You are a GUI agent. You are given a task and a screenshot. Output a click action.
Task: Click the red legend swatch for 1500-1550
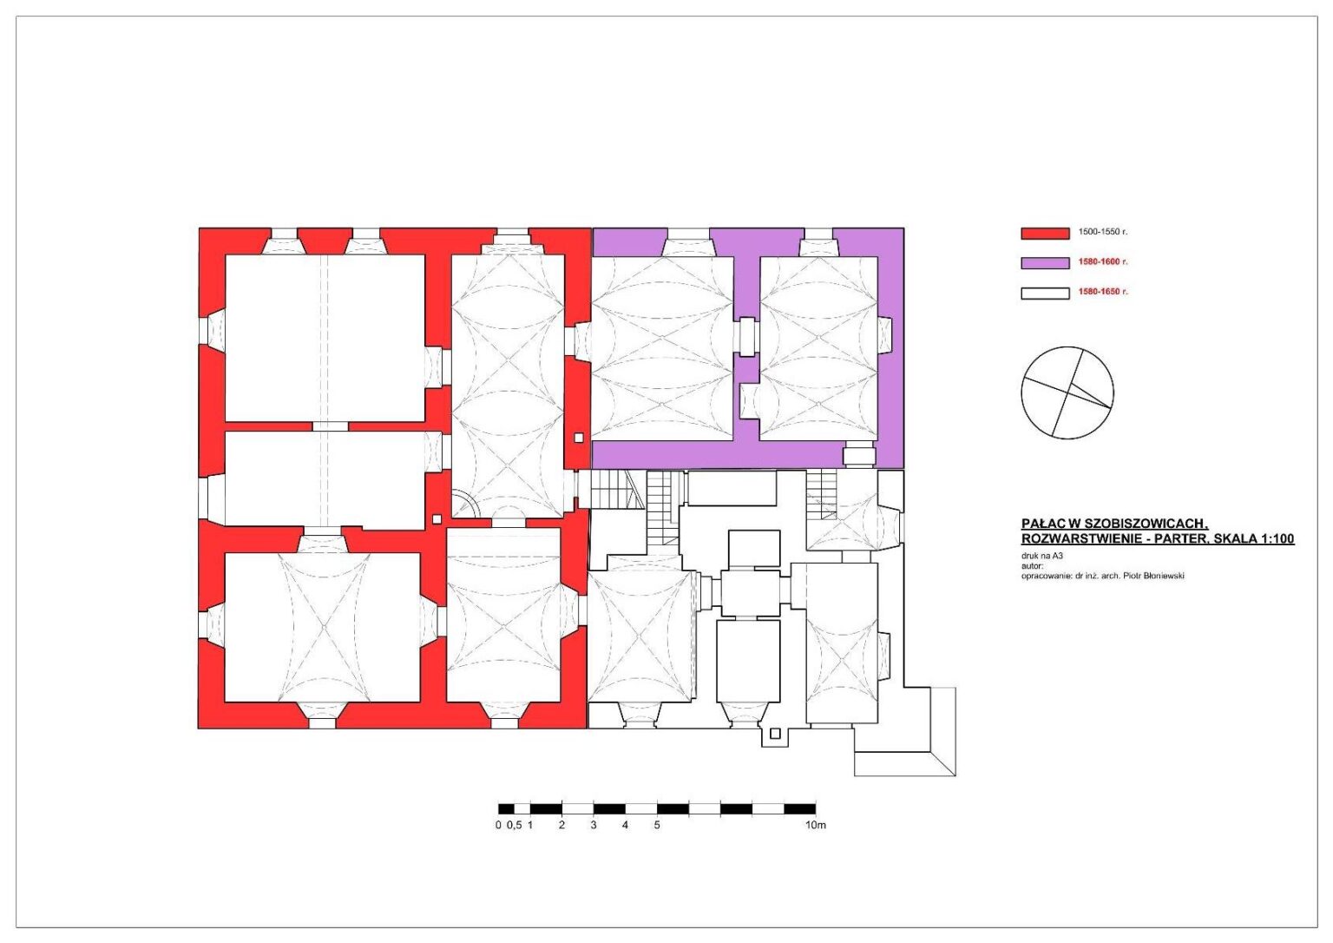pyautogui.click(x=1045, y=234)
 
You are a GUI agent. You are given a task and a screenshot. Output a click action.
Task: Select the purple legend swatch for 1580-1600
pyautogui.click(x=1045, y=263)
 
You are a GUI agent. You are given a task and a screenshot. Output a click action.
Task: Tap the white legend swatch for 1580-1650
pyautogui.click(x=1045, y=293)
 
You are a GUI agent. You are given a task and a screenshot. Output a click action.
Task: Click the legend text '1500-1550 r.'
pyautogui.click(x=1103, y=232)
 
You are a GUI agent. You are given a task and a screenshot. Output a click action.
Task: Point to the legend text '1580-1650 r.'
pyautogui.click(x=1103, y=293)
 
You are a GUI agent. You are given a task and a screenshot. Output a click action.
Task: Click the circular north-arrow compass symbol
pyautogui.click(x=1067, y=392)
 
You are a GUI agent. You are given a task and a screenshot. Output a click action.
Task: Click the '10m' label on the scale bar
pyautogui.click(x=816, y=825)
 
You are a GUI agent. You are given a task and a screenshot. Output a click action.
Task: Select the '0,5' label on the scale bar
pyautogui.click(x=514, y=825)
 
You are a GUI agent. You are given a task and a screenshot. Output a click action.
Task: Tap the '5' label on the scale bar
pyautogui.click(x=657, y=825)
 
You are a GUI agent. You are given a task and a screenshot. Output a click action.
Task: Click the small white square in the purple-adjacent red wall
pyautogui.click(x=579, y=438)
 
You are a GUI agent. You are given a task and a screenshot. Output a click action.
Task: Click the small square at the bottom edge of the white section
pyautogui.click(x=775, y=734)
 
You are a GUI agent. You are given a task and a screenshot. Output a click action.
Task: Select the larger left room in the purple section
pyautogui.click(x=662, y=348)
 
